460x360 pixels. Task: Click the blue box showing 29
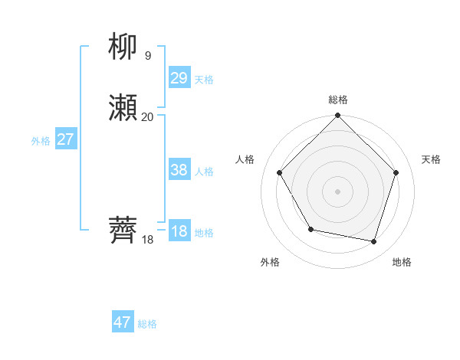(x=179, y=78)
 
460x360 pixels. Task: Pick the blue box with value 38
(x=179, y=170)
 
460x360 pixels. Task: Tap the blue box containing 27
(x=65, y=139)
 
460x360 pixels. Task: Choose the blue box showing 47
(x=123, y=322)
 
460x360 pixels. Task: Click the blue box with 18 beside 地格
(x=179, y=231)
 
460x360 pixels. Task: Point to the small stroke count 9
(x=148, y=55)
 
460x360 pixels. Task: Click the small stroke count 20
(x=148, y=116)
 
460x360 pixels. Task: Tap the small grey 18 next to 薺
(x=148, y=239)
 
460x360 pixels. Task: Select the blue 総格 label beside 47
(x=147, y=324)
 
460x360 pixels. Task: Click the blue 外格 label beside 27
(x=41, y=141)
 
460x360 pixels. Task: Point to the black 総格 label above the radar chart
(x=337, y=100)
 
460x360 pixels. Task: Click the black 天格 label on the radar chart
(x=431, y=159)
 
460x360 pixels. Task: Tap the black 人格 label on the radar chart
(x=245, y=159)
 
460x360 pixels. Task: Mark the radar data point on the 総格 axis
(x=337, y=116)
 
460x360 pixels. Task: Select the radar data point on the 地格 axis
(x=374, y=241)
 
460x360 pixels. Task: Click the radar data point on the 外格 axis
(x=310, y=229)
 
